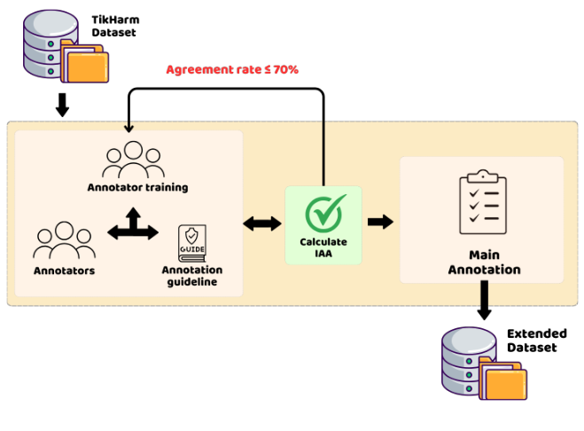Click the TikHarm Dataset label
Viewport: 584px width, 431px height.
(115, 26)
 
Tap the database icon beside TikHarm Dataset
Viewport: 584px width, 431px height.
(66, 46)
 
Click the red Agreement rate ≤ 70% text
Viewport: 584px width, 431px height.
(232, 70)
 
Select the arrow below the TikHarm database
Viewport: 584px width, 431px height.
(62, 106)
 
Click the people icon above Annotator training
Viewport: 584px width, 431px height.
(133, 160)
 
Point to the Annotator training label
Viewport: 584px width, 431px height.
(137, 187)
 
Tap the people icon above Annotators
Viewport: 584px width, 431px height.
(64, 240)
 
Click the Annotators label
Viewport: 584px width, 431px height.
(64, 270)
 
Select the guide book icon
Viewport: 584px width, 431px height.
(191, 244)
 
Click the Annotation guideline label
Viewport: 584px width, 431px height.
(191, 276)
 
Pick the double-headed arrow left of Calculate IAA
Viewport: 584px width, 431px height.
(262, 223)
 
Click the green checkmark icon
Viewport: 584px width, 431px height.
(324, 213)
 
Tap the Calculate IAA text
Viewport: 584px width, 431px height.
(323, 247)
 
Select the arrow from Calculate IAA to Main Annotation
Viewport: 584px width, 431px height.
(380, 223)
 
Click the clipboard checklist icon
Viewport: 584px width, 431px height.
(483, 202)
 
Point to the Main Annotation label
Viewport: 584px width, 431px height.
(484, 263)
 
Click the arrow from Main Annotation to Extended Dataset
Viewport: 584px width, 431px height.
(484, 300)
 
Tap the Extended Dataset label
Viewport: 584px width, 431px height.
(537, 341)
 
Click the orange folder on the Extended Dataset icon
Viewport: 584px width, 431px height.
(506, 385)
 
